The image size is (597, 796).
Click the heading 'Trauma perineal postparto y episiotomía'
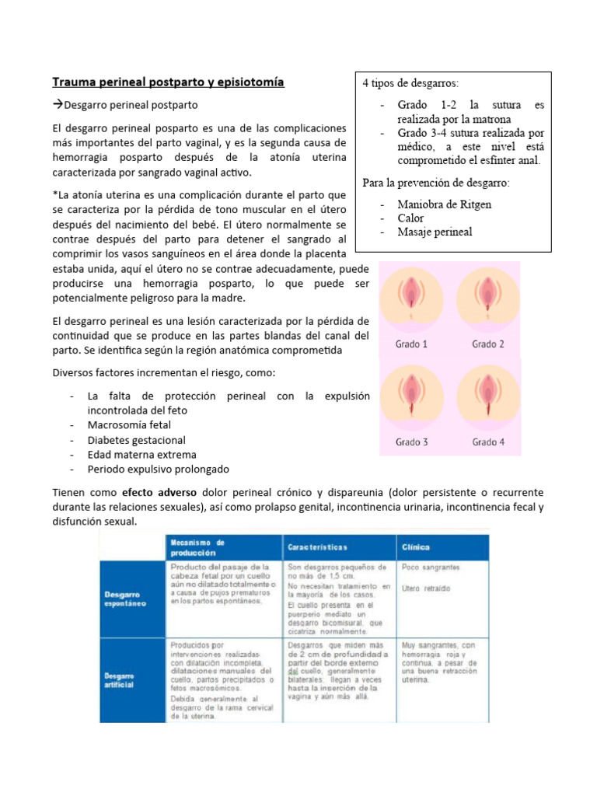point(168,82)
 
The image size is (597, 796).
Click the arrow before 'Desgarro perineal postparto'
point(58,104)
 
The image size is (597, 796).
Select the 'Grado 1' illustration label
point(411,344)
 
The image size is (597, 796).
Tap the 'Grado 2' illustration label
point(487,344)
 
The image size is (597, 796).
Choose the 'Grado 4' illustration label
point(487,442)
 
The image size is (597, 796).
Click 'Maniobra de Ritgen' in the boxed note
point(444,204)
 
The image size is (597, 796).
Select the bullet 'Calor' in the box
point(410,218)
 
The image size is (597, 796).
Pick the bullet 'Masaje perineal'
point(435,232)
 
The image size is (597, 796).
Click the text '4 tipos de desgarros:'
point(410,82)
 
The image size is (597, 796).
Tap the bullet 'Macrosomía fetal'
point(129,425)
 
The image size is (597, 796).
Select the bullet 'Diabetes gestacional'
point(136,440)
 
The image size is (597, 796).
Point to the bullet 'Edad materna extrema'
point(141,455)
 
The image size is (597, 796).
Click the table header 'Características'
point(318,547)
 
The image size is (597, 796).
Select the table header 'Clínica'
point(415,547)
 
